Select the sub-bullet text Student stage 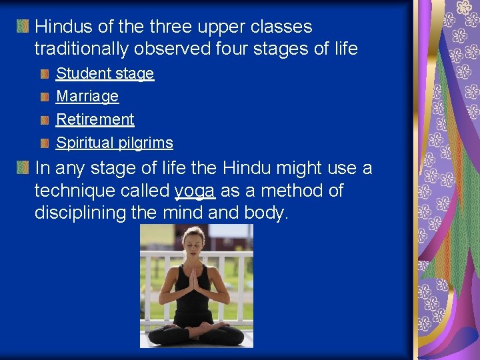coord(105,73)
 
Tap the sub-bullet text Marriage coord(87,97)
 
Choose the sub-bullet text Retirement coord(95,119)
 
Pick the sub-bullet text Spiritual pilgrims coord(115,143)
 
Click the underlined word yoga coord(195,191)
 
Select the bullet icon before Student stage coord(44,73)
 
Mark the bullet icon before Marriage coord(44,97)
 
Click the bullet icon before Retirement coord(44,120)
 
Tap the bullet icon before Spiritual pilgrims coord(44,143)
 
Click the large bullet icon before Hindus coord(23,27)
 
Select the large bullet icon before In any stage coord(23,168)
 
